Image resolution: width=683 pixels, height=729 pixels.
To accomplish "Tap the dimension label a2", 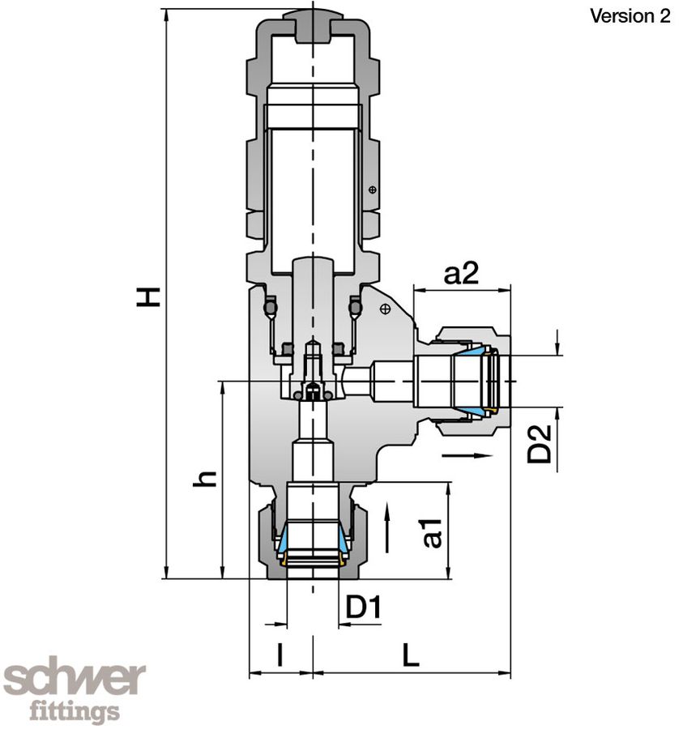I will click(x=461, y=274).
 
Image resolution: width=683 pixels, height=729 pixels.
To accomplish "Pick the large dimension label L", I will click(x=412, y=654).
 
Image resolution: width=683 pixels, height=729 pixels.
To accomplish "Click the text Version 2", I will click(x=630, y=16).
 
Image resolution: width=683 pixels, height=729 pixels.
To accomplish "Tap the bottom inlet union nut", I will click(x=312, y=539).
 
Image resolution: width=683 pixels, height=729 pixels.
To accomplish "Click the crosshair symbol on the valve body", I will click(x=386, y=308).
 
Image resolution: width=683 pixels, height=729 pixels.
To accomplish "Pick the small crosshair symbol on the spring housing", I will click(x=372, y=190).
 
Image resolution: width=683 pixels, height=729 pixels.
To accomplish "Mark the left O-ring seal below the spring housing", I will click(x=270, y=308).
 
